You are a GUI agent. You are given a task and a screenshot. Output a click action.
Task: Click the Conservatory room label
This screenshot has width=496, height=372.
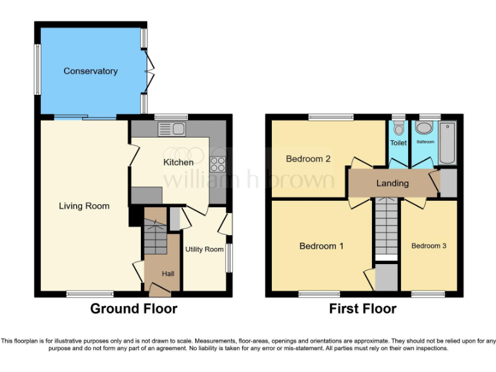point(90,71)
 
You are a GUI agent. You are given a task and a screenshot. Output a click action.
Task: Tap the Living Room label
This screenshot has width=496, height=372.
point(84,206)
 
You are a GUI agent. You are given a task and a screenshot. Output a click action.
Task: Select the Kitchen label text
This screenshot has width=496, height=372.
point(178,162)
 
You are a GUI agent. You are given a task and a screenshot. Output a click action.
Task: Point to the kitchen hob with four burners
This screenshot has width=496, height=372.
point(218,164)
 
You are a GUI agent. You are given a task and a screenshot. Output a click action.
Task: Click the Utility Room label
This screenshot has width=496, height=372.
point(204,249)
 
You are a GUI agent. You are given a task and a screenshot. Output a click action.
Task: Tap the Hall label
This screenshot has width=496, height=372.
point(168,274)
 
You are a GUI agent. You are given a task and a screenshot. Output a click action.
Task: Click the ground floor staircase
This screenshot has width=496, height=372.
point(154,236)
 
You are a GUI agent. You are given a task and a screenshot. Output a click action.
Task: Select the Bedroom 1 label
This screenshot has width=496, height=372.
point(321,246)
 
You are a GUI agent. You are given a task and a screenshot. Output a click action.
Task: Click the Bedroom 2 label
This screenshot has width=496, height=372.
point(309,159)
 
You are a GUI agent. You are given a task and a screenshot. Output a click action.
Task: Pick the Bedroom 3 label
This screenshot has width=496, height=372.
point(429,245)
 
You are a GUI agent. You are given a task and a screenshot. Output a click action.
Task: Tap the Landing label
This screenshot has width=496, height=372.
point(393,183)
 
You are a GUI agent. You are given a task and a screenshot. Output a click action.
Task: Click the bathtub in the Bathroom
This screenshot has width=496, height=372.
point(447,142)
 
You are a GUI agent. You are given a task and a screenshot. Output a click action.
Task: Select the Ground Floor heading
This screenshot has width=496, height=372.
point(133,309)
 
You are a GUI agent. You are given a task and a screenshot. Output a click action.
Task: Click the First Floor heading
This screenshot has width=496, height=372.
point(363,309)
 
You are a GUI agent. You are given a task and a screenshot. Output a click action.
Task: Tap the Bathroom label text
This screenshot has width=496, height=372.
point(425,141)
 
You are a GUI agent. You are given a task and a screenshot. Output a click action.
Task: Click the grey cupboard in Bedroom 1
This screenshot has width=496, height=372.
point(387,277)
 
